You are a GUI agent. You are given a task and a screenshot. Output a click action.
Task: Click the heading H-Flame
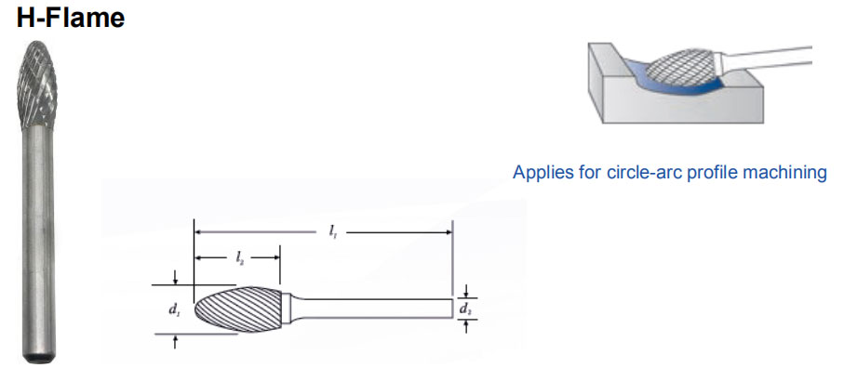pos(71,18)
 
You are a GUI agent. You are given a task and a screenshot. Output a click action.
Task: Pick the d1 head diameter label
pos(174,309)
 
